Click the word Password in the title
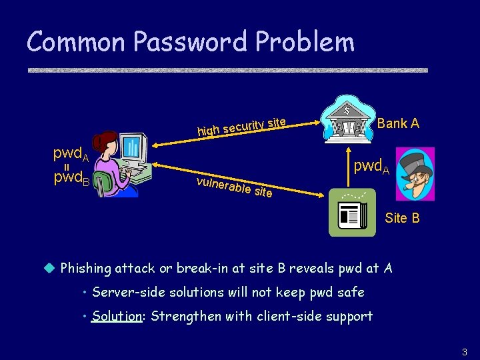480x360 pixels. (193, 42)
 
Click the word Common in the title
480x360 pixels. (77, 42)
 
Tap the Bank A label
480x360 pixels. (398, 123)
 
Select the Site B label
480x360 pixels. (402, 218)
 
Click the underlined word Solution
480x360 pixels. (117, 316)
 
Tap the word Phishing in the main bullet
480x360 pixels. (85, 268)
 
